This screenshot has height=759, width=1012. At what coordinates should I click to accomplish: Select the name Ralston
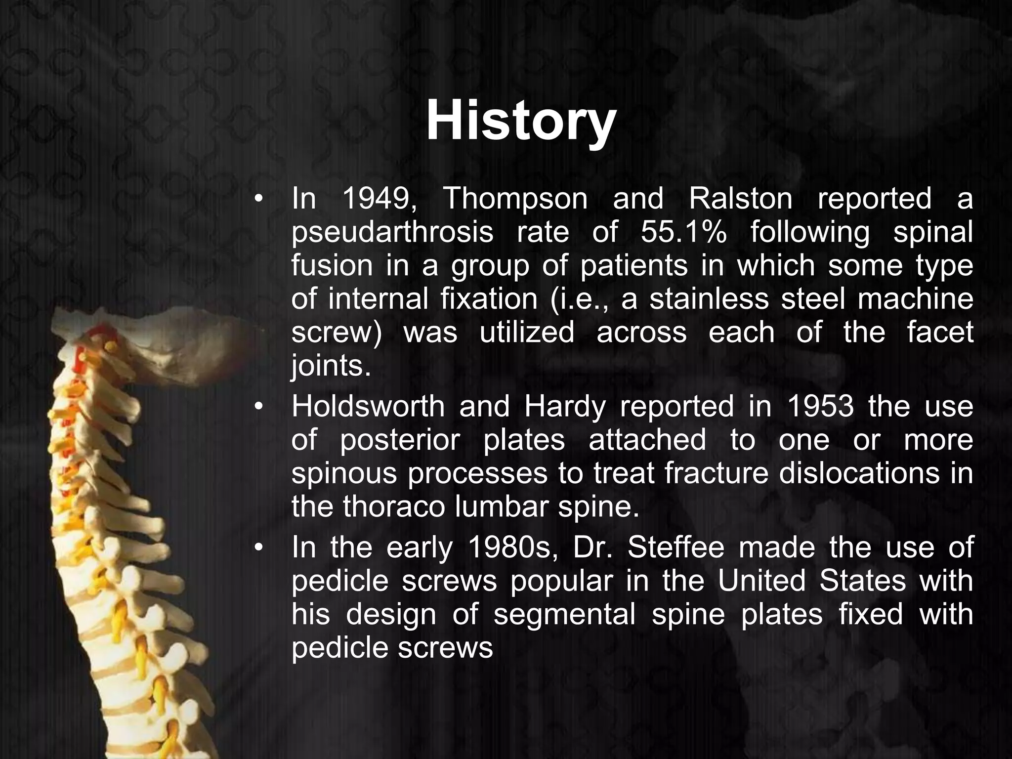click(740, 199)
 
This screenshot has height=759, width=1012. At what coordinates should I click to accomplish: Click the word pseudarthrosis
click(392, 233)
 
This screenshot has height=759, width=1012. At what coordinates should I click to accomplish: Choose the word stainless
click(709, 299)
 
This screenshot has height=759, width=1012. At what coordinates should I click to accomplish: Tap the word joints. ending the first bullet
click(331, 367)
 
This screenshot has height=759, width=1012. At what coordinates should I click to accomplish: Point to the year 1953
click(820, 406)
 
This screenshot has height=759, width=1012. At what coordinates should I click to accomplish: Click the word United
click(762, 581)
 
